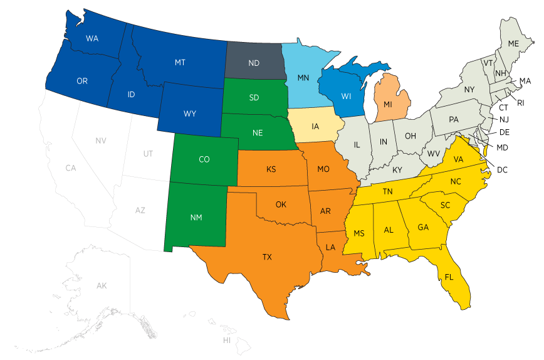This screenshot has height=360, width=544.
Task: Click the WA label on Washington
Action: (92, 39)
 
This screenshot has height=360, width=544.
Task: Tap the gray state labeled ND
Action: (254, 63)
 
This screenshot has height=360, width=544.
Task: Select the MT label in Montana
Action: (180, 63)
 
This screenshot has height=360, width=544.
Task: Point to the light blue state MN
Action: (303, 78)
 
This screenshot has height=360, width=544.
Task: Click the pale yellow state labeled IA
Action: (315, 127)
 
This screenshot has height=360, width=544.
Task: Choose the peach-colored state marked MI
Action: (388, 103)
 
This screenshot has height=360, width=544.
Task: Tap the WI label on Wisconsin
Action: (346, 96)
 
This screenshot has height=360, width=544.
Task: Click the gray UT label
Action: (148, 154)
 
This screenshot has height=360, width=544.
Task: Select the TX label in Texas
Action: (267, 257)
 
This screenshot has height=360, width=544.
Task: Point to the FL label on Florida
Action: (449, 277)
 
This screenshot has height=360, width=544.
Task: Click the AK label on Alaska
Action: (102, 286)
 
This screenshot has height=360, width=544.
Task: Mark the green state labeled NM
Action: (196, 218)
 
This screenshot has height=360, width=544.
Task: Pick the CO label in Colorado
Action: (204, 159)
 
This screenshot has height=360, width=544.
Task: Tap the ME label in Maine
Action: (513, 43)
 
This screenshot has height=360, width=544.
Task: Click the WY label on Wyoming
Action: (190, 114)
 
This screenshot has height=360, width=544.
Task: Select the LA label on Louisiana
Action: (330, 247)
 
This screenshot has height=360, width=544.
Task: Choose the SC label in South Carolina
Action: (445, 205)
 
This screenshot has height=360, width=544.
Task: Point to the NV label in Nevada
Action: (101, 140)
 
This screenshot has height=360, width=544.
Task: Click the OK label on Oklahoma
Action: (281, 204)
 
